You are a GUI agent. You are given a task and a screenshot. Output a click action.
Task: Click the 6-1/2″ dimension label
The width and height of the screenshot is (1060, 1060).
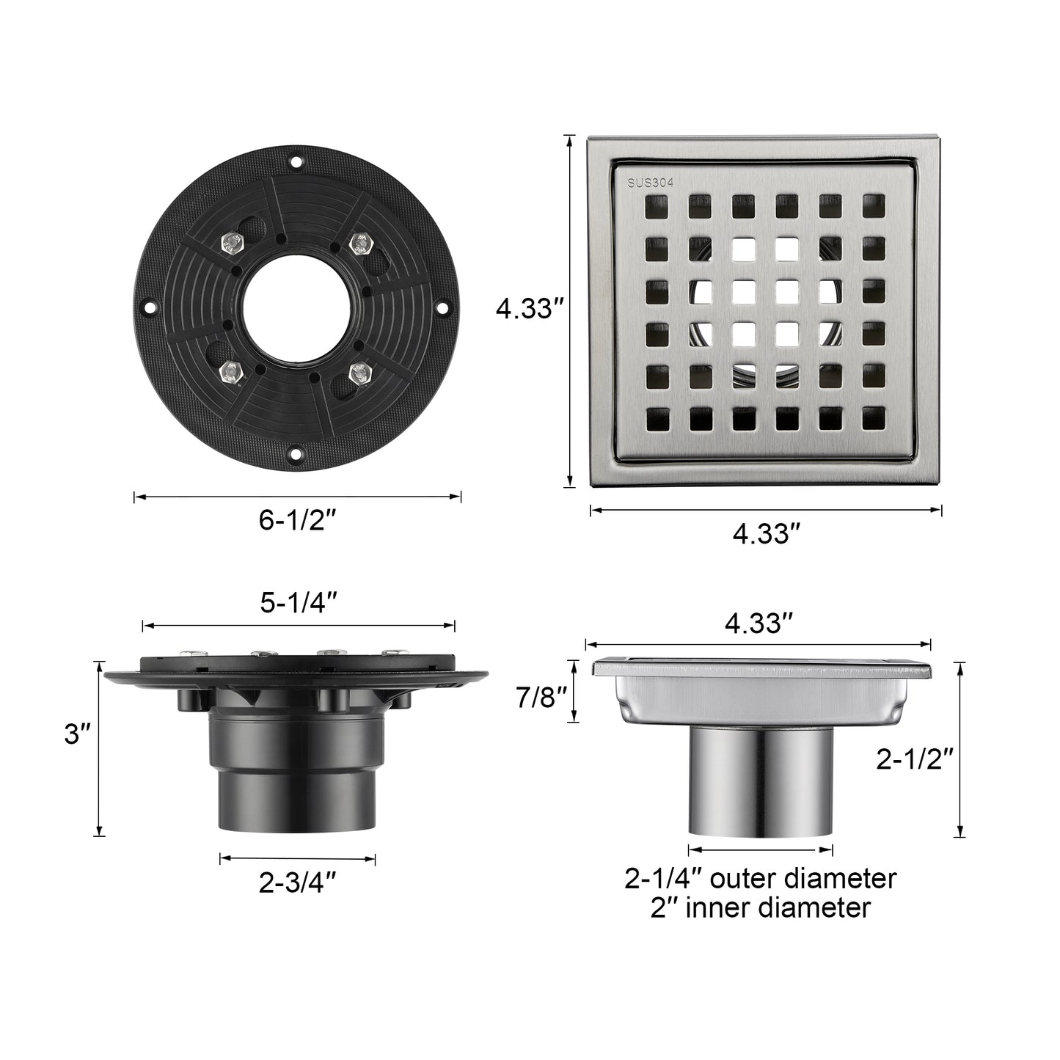coord(297,520)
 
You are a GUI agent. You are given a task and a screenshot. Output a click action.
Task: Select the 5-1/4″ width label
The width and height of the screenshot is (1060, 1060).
coord(297,603)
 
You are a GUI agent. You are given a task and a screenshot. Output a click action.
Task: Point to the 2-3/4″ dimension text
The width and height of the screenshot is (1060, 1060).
coord(297,882)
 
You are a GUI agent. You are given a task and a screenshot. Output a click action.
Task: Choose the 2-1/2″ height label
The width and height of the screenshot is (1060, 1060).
coord(914,761)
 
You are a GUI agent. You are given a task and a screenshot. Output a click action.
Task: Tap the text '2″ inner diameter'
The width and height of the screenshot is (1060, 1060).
coord(760,908)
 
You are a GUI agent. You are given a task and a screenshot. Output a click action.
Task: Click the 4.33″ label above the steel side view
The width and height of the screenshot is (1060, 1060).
coord(759,624)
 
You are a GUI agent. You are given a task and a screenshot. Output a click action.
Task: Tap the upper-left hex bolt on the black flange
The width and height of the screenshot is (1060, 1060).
coord(233,241)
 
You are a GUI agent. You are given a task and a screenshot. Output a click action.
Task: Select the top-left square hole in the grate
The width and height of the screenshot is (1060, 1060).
coord(652,205)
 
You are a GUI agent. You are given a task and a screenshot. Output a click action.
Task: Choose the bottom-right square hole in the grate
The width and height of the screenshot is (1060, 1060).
coord(872,421)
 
